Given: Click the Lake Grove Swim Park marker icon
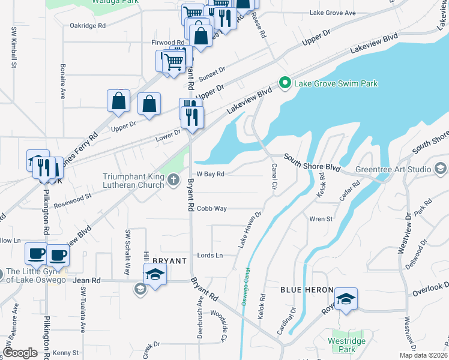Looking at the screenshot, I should [x=285, y=83].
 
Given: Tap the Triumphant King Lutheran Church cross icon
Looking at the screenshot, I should [x=173, y=179].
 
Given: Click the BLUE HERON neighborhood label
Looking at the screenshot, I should [x=307, y=290].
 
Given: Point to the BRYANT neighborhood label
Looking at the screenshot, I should [x=170, y=261].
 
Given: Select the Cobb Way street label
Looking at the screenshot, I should [x=212, y=208].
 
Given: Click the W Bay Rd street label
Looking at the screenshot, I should [x=210, y=174].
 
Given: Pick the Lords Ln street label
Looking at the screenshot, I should [x=210, y=255].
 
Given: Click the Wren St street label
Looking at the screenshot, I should [x=321, y=219].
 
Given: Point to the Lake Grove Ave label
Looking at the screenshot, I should [x=333, y=13].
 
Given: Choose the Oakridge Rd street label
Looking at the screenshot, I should [x=88, y=26].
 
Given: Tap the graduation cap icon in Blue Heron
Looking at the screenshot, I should [x=346, y=299].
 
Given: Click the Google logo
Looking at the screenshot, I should [x=20, y=353].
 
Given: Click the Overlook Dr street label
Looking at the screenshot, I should [x=430, y=290].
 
